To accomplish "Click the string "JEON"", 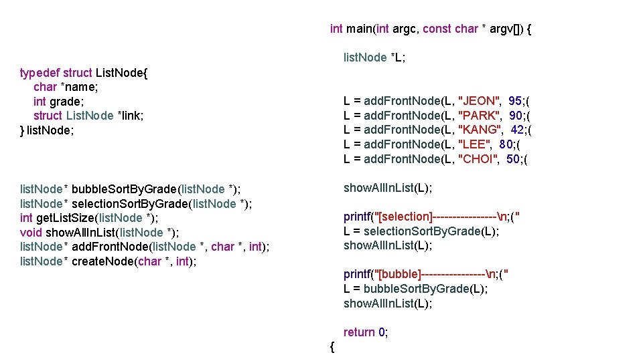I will [x=480, y=101].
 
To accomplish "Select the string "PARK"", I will [x=480, y=116].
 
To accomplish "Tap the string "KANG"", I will [x=480, y=130].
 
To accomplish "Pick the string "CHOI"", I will [x=478, y=158].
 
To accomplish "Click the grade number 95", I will [x=515, y=101].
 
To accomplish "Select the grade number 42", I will [x=517, y=130].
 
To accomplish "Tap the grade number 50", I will [x=513, y=158].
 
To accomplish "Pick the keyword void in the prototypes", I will [x=31, y=232].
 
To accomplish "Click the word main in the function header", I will [x=360, y=29].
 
